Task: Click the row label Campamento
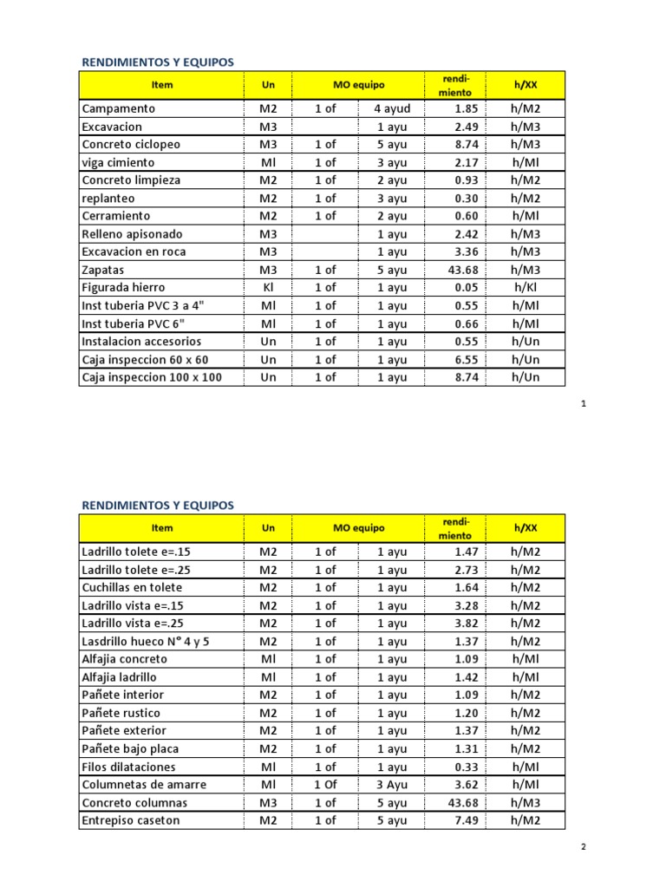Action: (x=118, y=109)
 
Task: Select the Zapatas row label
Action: (x=104, y=270)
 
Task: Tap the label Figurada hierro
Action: (x=123, y=287)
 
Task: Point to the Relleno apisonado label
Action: (x=133, y=234)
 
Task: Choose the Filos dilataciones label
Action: (x=128, y=767)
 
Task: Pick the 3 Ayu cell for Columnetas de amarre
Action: (x=392, y=785)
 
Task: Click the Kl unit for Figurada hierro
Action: (x=269, y=287)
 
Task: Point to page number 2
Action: (x=584, y=846)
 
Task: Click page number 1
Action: (x=584, y=404)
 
